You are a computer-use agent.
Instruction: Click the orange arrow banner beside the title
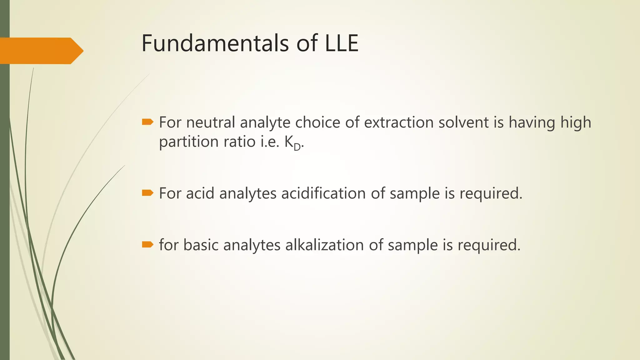pyautogui.click(x=41, y=51)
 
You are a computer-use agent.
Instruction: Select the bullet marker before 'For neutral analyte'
pyautogui.click(x=147, y=122)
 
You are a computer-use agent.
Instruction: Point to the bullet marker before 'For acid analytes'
pyautogui.click(x=147, y=193)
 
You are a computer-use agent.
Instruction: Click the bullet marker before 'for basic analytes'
pyautogui.click(x=147, y=244)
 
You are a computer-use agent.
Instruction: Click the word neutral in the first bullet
pyautogui.click(x=211, y=122)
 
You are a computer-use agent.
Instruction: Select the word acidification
pyautogui.click(x=323, y=193)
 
